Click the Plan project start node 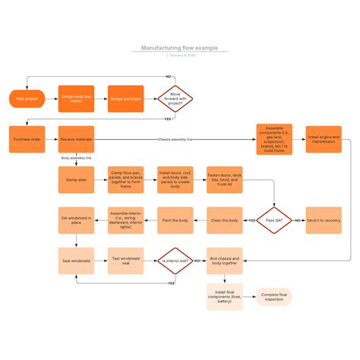(x=27, y=99)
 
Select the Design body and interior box (x=76, y=99)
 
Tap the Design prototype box (x=125, y=99)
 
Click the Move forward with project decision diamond (x=175, y=99)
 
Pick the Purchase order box (x=27, y=140)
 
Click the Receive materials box (x=76, y=140)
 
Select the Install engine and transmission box (x=324, y=139)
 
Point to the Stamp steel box (x=76, y=180)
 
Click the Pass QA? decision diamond (x=273, y=220)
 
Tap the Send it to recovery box (x=324, y=220)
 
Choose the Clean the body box (x=225, y=220)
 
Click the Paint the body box (x=175, y=220)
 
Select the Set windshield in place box (x=76, y=220)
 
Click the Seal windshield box (x=76, y=261)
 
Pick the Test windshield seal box (x=125, y=261)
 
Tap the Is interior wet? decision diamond (x=175, y=261)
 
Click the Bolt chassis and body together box (x=225, y=261)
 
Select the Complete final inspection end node (x=273, y=296)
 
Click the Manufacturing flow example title (x=179, y=48)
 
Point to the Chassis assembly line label (x=175, y=140)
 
